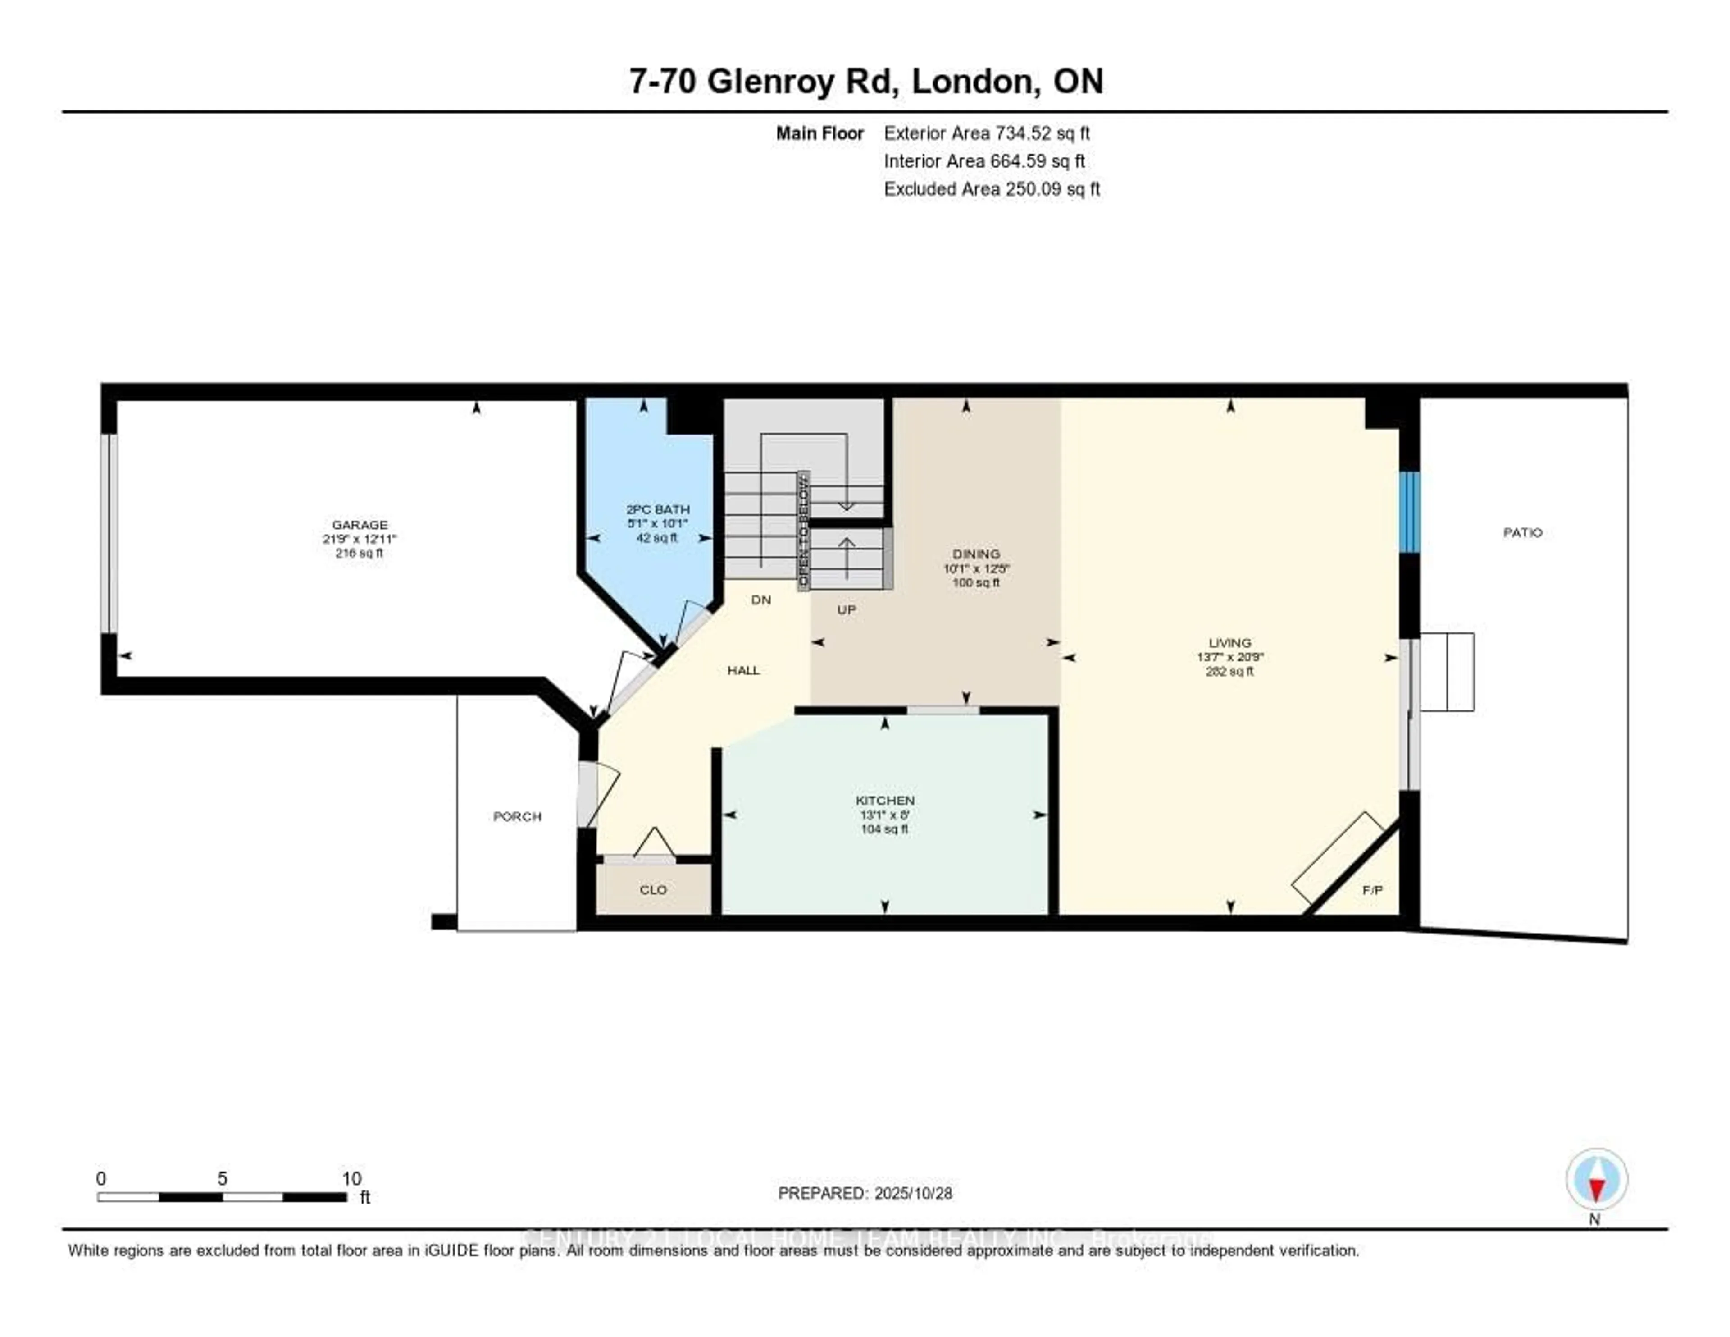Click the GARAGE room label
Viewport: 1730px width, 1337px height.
360,525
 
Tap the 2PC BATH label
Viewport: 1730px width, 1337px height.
657,509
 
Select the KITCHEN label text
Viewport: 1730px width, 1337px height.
885,801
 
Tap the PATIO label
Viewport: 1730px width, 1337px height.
1522,532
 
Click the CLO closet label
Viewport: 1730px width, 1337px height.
654,890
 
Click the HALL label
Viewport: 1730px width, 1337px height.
743,670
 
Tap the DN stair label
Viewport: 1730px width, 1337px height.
760,600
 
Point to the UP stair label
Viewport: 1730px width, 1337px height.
846,609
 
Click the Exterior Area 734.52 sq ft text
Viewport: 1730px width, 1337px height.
986,133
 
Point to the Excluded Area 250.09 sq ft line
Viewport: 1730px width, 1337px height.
991,188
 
